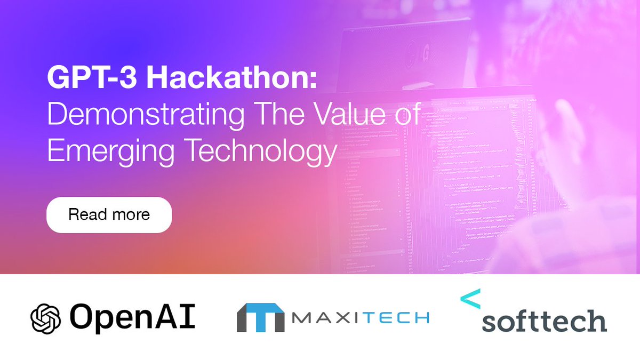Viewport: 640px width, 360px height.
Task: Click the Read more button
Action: coord(109,215)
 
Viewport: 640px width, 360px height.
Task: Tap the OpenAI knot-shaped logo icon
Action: coord(46,318)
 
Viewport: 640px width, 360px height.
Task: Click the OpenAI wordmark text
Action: coord(132,318)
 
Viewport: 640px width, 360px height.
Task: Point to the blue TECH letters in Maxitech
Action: coord(397,318)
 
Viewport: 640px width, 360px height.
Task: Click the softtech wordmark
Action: coord(544,322)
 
